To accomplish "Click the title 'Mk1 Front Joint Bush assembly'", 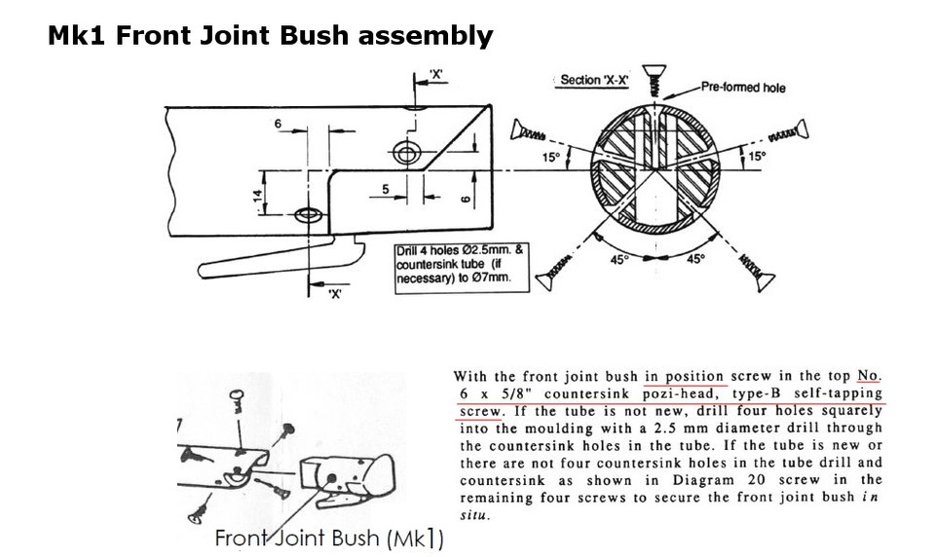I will [x=271, y=37].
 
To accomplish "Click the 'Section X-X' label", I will [x=594, y=80].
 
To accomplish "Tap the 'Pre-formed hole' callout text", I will [x=742, y=88].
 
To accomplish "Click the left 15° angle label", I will [x=551, y=156].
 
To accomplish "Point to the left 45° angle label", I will [x=621, y=260].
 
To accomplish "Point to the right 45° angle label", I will [x=695, y=260].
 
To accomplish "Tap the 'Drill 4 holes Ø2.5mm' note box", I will [x=460, y=267].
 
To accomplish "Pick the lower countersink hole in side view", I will [x=309, y=214].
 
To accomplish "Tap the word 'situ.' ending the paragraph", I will [x=474, y=516].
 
